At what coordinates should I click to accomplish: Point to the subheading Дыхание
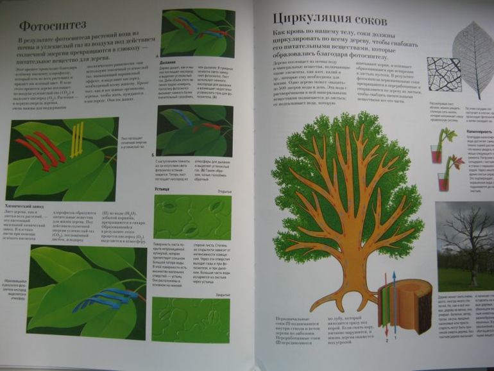(x=169, y=63)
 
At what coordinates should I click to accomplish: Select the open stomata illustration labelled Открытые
(x=191, y=216)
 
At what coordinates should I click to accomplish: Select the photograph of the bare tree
(x=464, y=247)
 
